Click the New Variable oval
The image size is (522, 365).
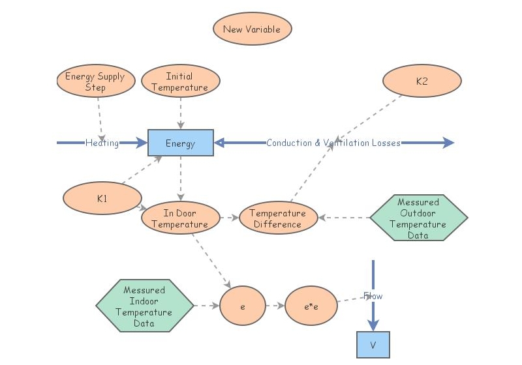pos(252,29)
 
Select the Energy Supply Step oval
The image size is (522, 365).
pos(95,81)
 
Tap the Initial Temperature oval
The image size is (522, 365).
pos(181,81)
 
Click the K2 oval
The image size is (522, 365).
pos(422,81)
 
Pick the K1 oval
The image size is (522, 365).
pos(102,199)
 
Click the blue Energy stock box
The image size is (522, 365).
pos(181,143)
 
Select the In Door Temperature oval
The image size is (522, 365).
pos(180,218)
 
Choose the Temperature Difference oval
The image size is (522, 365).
pos(278,218)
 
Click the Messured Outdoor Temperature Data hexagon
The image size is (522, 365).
pos(418,218)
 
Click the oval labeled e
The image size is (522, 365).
pos(242,305)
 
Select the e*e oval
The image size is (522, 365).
pos(311,305)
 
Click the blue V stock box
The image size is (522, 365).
pos(373,345)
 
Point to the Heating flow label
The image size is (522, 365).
pos(102,143)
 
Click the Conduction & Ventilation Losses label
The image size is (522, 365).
pos(333,143)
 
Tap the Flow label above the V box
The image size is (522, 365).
pos(373,296)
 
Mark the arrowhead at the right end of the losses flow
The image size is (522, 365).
pos(448,143)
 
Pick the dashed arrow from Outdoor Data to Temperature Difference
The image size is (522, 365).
pos(344,218)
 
